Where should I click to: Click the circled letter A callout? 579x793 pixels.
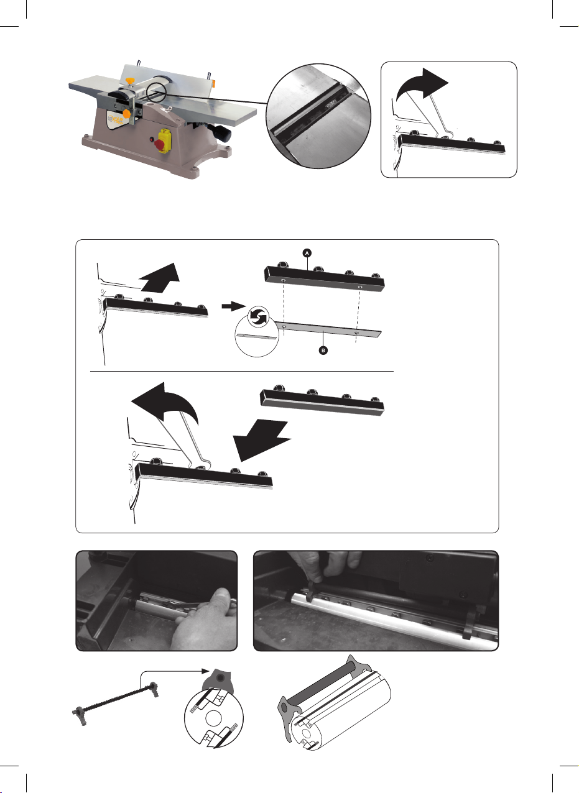pyautogui.click(x=307, y=253)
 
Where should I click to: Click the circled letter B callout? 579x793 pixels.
pyautogui.click(x=323, y=351)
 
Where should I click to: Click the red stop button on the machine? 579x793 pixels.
pyautogui.click(x=159, y=144)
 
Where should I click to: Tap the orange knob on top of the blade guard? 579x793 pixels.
pyautogui.click(x=130, y=81)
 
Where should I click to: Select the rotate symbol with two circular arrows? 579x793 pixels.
pyautogui.click(x=258, y=317)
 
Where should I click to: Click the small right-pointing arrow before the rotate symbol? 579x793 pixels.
pyautogui.click(x=233, y=306)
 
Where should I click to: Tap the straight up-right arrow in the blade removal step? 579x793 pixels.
pyautogui.click(x=159, y=278)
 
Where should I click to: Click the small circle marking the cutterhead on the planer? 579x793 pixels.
pyautogui.click(x=156, y=93)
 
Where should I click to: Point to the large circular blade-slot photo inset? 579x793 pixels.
pyautogui.click(x=318, y=116)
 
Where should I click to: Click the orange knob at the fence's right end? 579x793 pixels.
pyautogui.click(x=213, y=83)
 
